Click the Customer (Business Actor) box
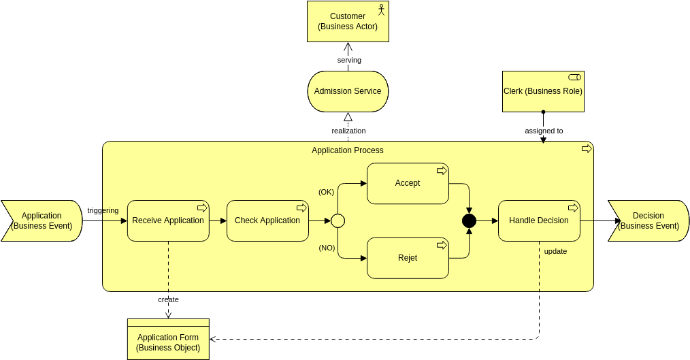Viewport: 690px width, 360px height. [347, 21]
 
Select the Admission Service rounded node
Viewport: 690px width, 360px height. [348, 91]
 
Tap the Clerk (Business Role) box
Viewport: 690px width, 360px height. [543, 91]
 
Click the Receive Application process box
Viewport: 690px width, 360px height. [168, 220]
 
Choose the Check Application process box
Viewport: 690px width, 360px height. [267, 220]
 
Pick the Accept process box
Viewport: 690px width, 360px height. [408, 183]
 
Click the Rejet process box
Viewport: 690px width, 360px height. [408, 258]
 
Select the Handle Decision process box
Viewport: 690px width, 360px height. [539, 220]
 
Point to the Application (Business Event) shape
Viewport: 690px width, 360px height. [42, 220]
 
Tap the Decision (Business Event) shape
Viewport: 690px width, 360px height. [648, 220]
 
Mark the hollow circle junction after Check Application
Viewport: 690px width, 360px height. [338, 220]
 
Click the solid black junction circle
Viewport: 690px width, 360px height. [469, 220]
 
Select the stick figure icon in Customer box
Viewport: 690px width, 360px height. [381, 10]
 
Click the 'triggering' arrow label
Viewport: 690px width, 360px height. [103, 210]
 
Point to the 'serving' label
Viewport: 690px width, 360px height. [349, 60]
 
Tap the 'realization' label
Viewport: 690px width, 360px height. [348, 131]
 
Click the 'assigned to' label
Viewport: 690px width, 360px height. [544, 131]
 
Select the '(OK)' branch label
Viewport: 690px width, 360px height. [327, 192]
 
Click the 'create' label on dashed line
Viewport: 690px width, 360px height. [168, 299]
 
